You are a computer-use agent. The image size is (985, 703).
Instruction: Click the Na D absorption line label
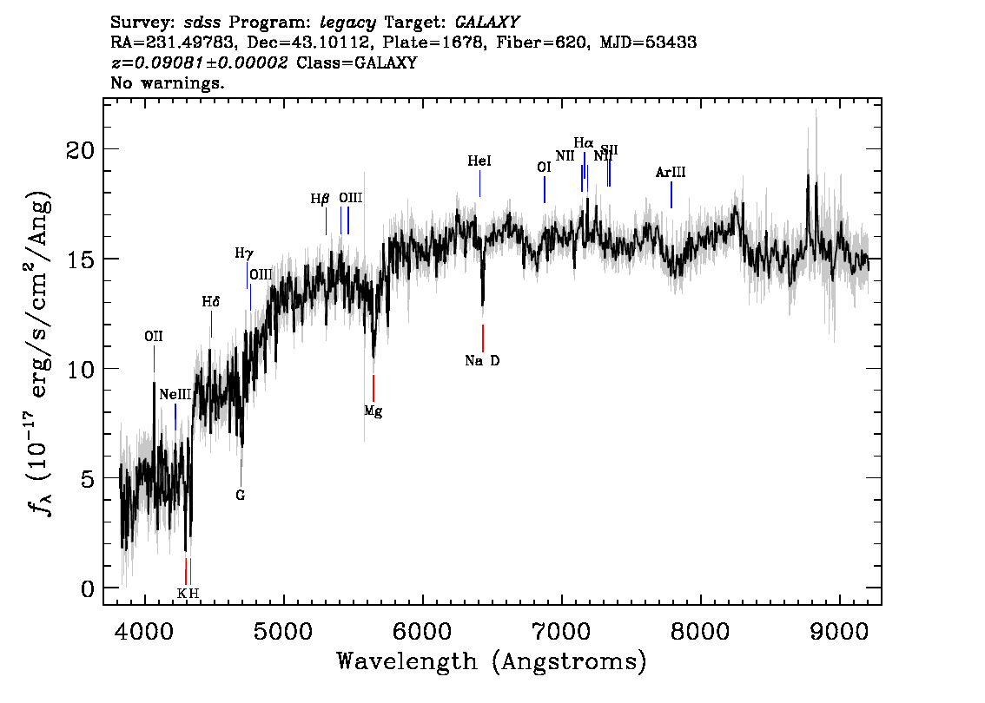(482, 361)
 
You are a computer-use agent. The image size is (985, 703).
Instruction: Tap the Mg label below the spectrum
(374, 411)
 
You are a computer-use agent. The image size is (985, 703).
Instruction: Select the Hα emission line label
(584, 142)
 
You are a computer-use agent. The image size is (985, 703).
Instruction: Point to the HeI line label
(479, 161)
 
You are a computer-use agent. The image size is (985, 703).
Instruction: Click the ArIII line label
(671, 173)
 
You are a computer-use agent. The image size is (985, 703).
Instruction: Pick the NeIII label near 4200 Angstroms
(175, 394)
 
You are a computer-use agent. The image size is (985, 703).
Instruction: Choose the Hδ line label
(211, 302)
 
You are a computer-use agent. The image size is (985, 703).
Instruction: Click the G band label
(241, 496)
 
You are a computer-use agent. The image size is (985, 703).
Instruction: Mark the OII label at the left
(154, 337)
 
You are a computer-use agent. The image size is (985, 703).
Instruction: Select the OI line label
(545, 167)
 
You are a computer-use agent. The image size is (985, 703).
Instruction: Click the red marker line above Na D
(483, 338)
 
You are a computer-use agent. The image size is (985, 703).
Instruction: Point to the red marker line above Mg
(374, 387)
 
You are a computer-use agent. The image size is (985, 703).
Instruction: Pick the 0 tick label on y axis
(88, 588)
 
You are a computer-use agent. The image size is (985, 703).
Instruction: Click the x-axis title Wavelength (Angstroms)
(492, 661)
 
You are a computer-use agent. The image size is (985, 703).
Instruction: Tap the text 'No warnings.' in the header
(168, 83)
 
